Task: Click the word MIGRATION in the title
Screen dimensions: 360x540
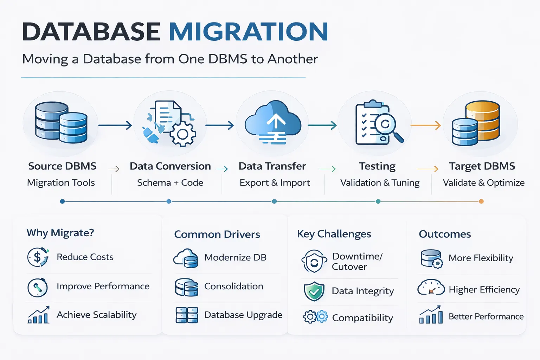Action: [249, 32]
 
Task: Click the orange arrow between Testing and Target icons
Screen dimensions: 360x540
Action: [426, 125]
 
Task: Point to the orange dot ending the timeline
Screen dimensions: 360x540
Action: [481, 201]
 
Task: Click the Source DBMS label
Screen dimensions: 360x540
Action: [62, 166]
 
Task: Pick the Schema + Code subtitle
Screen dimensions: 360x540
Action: [170, 183]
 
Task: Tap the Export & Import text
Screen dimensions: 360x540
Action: [275, 183]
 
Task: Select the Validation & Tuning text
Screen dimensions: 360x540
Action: [380, 183]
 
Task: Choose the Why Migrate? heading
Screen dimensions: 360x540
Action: [60, 233]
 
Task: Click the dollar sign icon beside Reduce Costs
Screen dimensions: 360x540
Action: [38, 257]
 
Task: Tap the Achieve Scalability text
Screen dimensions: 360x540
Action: [96, 315]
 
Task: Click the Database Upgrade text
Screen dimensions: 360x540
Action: [243, 315]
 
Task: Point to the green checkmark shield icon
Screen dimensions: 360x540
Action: [314, 291]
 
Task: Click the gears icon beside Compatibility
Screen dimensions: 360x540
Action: [315, 317]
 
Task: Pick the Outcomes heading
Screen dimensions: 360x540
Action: [445, 234]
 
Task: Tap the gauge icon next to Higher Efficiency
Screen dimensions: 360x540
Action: [431, 288]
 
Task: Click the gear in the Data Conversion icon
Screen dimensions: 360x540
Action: [182, 134]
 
